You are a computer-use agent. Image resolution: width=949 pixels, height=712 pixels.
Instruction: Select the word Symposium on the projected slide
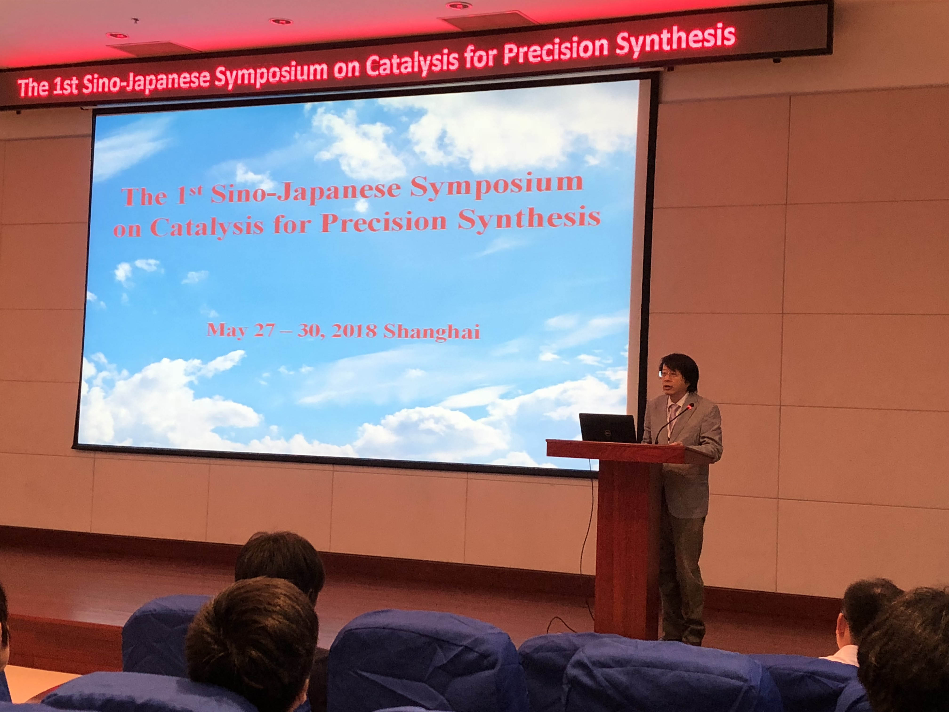pyautogui.click(x=496, y=186)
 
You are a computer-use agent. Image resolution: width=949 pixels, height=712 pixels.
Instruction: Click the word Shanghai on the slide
pyautogui.click(x=431, y=331)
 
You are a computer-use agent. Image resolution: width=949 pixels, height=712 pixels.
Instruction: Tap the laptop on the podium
pyautogui.click(x=607, y=427)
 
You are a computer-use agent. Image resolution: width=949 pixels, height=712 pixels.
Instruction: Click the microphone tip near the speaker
pyautogui.click(x=690, y=406)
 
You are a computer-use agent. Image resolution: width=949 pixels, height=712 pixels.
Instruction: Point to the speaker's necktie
pyautogui.click(x=674, y=418)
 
